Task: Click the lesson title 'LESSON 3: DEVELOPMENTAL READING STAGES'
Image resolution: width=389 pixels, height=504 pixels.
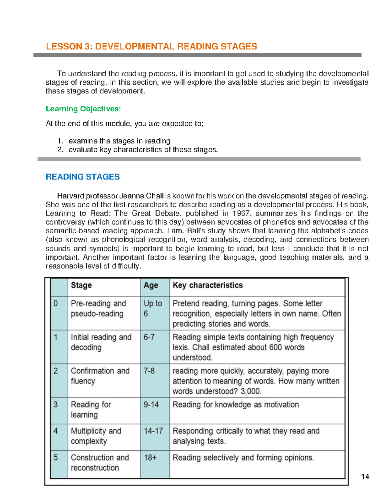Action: (x=151, y=46)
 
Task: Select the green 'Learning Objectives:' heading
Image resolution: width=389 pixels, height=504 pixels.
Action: (x=83, y=109)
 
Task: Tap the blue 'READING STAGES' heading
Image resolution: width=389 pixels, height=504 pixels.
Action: (x=83, y=177)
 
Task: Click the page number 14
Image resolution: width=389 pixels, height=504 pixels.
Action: (x=365, y=477)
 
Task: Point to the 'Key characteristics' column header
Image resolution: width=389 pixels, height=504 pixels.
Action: (x=207, y=285)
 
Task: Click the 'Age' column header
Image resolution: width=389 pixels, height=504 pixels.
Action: (x=151, y=285)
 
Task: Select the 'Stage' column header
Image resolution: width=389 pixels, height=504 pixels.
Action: (x=81, y=285)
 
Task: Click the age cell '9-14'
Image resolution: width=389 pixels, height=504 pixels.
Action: (x=151, y=405)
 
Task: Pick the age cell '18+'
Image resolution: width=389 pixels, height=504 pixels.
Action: (x=150, y=458)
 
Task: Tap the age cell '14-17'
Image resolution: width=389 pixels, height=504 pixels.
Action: (x=153, y=431)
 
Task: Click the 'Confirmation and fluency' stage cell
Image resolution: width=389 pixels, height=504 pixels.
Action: (x=100, y=376)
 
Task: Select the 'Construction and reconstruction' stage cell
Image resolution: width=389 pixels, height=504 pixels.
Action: (x=100, y=462)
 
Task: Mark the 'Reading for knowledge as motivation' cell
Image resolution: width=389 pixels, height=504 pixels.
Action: (x=236, y=405)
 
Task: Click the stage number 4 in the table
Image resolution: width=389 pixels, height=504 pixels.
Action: (x=56, y=431)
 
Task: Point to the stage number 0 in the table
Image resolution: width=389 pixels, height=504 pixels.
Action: (x=56, y=303)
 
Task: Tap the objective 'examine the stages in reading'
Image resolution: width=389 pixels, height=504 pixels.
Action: (x=119, y=141)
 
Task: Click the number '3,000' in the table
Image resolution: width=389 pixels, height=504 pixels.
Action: (x=251, y=391)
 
